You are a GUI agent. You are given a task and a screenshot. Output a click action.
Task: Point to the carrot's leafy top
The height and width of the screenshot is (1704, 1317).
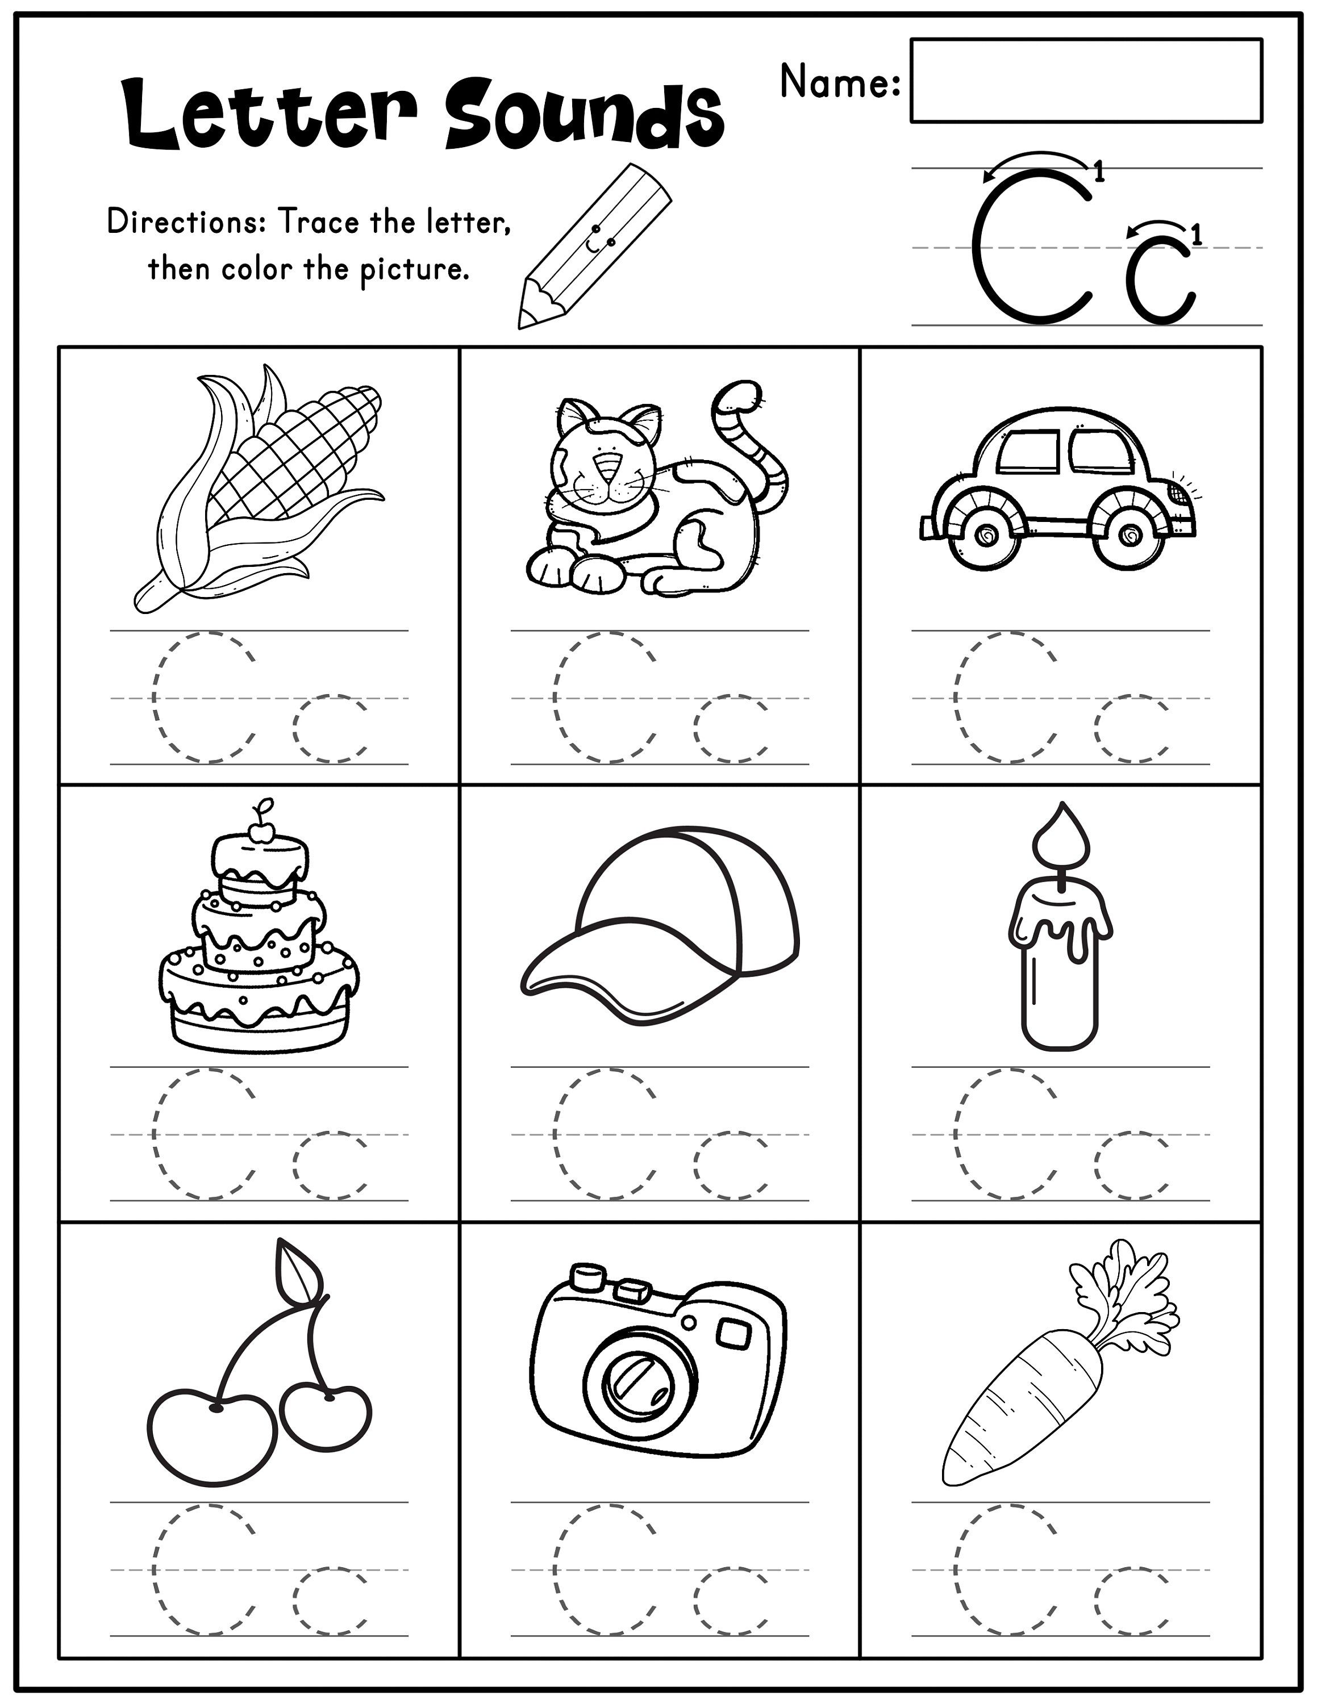pos(1123,1295)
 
